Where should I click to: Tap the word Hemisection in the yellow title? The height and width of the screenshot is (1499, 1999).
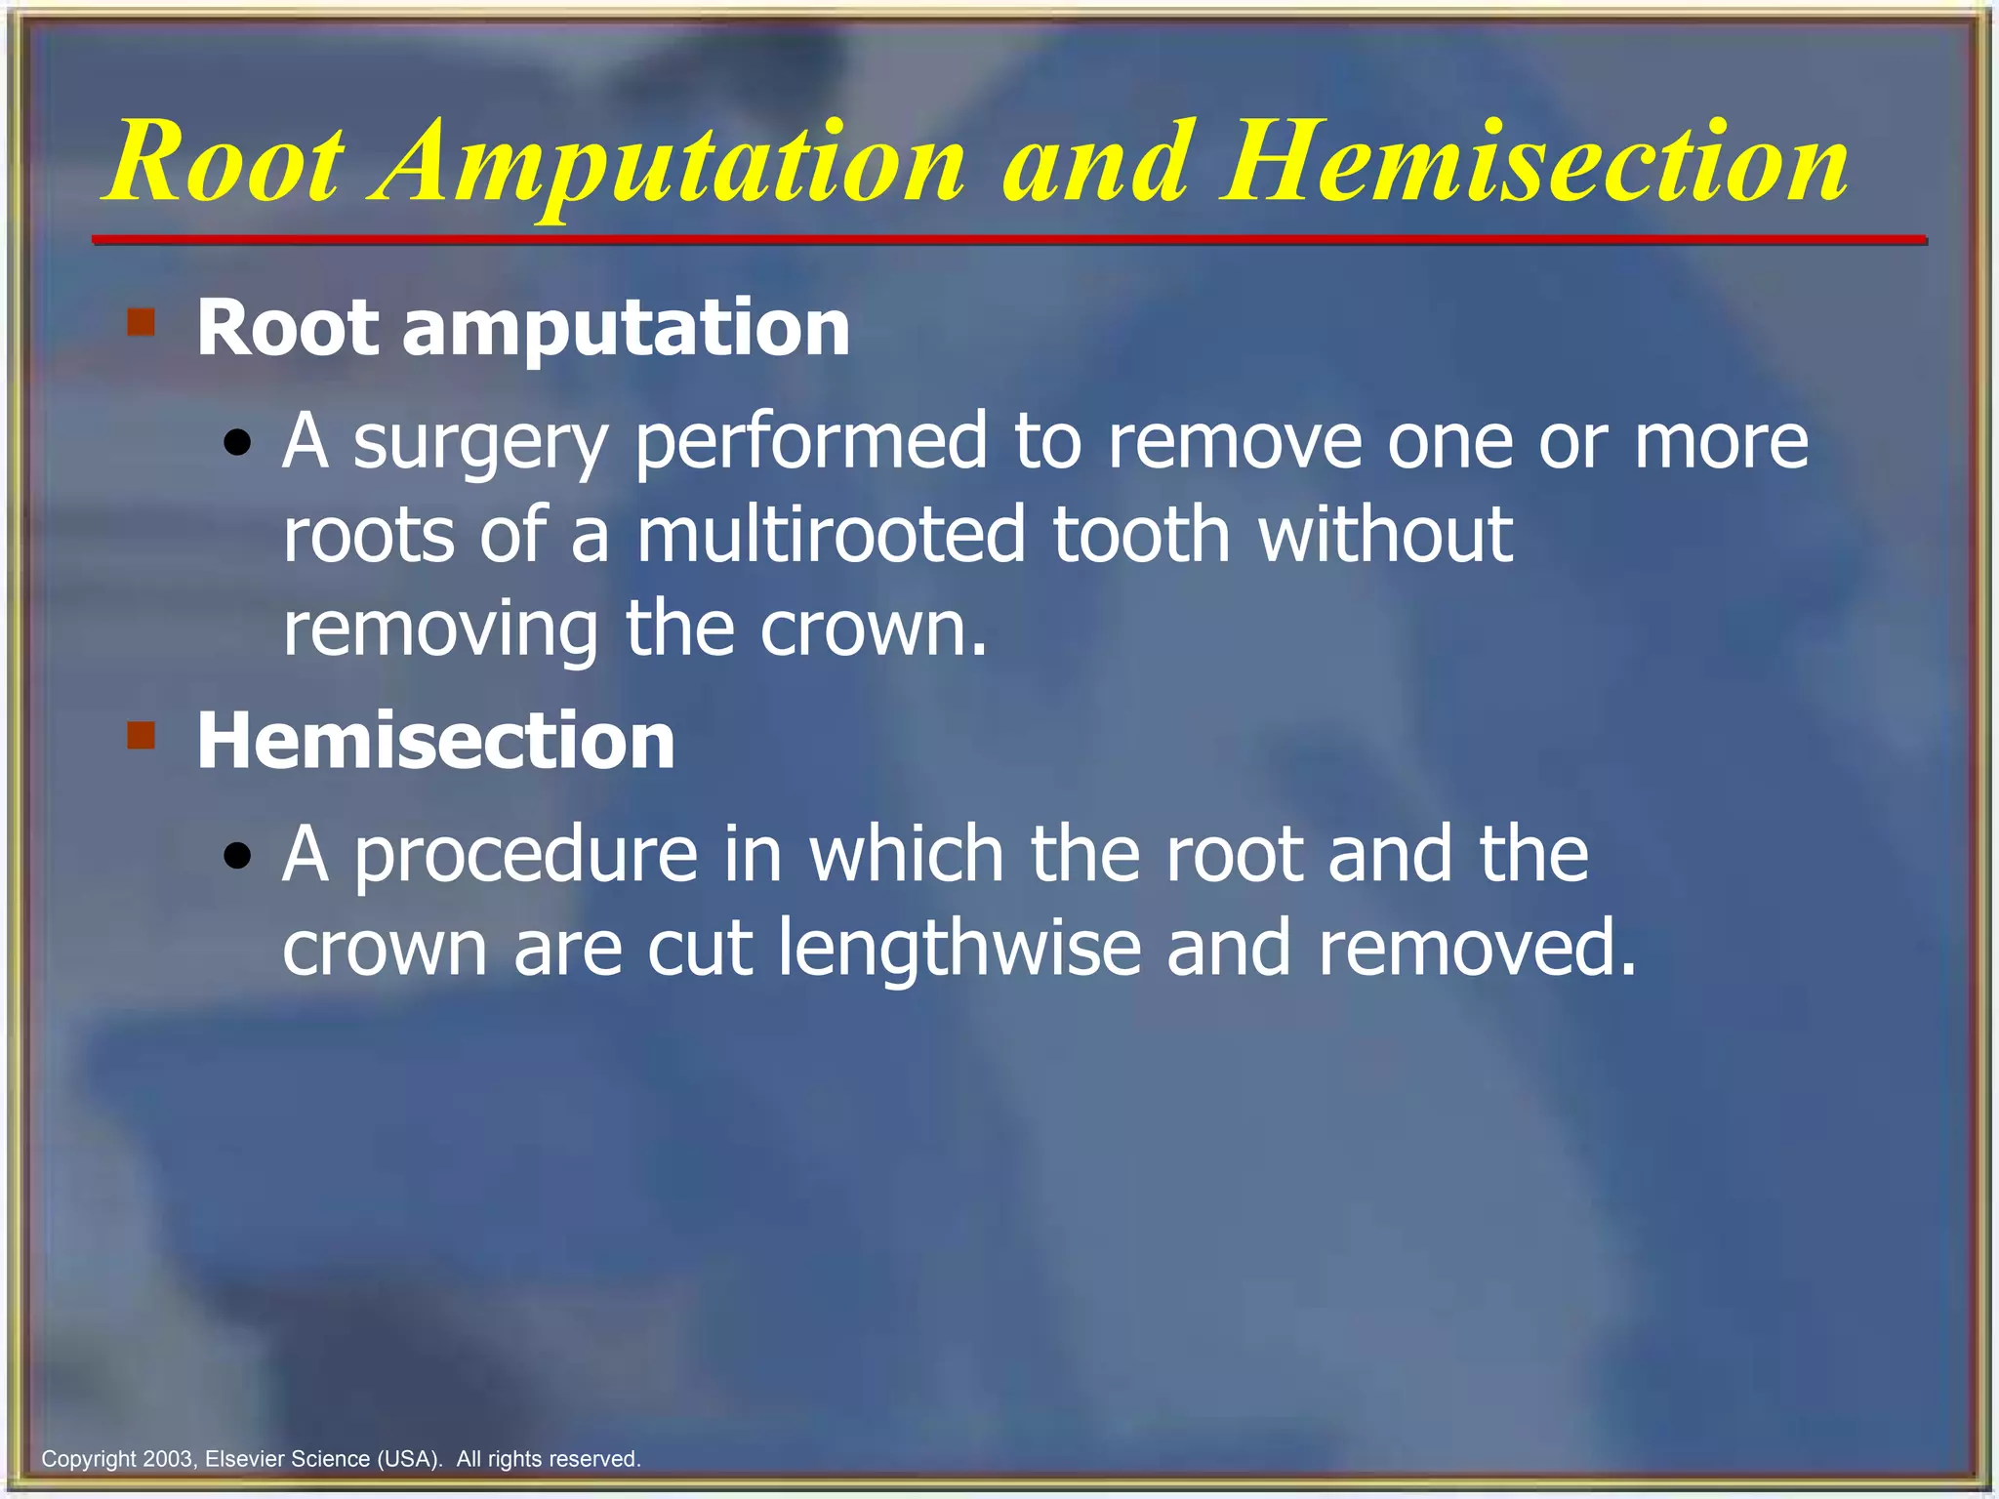point(1533,164)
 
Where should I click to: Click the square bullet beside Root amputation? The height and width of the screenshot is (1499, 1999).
point(142,322)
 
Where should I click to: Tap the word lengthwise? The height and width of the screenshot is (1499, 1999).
point(959,949)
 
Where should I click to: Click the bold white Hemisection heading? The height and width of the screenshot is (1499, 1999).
point(435,741)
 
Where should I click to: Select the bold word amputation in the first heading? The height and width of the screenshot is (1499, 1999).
point(626,329)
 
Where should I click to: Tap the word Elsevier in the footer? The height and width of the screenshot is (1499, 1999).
point(245,1459)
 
